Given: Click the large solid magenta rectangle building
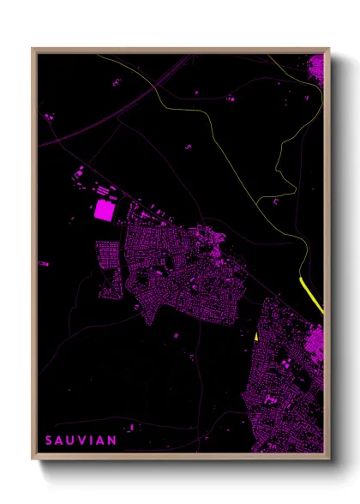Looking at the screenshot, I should pyautogui.click(x=105, y=210).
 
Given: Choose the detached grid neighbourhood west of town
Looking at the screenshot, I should pyautogui.click(x=110, y=266).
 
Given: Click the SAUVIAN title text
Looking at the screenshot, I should pyautogui.click(x=81, y=441).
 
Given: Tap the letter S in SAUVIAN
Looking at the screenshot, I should pyautogui.click(x=49, y=441).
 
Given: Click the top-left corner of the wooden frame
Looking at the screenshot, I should pyautogui.click(x=33, y=48).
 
